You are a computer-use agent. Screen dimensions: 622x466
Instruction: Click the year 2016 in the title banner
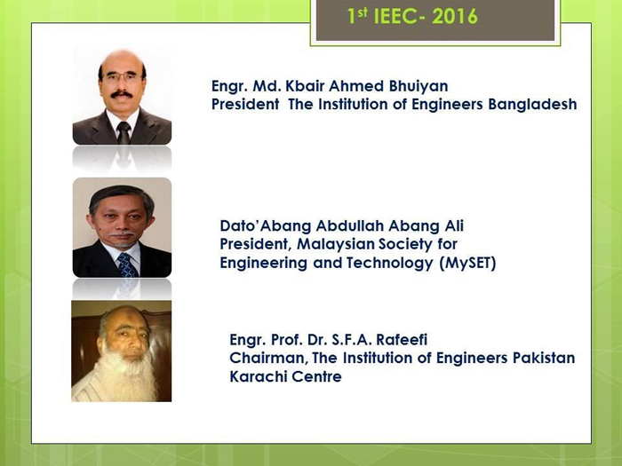[454, 17]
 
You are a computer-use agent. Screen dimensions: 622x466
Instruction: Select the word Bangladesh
[532, 105]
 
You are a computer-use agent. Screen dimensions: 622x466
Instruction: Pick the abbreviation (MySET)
[467, 263]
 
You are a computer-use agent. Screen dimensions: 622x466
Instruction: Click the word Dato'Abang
[266, 226]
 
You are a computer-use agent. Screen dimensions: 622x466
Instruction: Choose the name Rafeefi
[402, 340]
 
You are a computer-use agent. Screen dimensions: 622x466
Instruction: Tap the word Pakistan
[544, 358]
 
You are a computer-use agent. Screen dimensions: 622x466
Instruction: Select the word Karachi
[257, 376]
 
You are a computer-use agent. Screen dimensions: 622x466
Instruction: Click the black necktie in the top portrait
[124, 132]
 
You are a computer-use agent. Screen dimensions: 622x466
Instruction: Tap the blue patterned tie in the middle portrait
[127, 265]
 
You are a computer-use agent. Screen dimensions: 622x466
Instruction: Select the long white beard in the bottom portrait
[126, 376]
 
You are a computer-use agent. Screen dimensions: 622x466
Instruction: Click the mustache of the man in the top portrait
[122, 94]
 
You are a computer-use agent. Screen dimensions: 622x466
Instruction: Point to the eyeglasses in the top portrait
[123, 76]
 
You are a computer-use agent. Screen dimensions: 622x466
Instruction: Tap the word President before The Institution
[245, 105]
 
